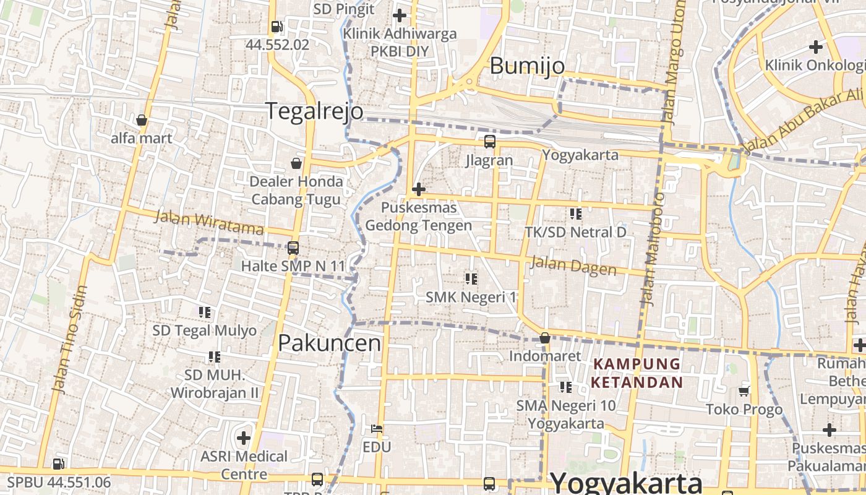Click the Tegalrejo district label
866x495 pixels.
314,111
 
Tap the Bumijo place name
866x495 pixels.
527,66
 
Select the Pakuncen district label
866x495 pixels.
329,343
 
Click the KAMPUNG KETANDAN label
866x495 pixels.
637,373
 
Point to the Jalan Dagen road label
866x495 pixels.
573,266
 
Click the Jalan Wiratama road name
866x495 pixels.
209,223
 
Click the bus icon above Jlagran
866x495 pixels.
490,142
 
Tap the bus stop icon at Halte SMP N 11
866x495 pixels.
293,248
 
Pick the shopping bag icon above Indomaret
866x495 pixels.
545,338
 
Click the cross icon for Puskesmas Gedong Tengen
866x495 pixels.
419,189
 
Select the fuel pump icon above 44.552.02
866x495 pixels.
277,27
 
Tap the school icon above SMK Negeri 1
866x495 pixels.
471,279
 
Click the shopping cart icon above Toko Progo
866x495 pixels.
744,391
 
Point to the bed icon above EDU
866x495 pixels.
377,428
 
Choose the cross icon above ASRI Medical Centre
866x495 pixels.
244,438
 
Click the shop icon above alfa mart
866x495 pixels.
142,120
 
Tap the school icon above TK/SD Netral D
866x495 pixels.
576,214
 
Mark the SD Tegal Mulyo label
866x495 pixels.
205,330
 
